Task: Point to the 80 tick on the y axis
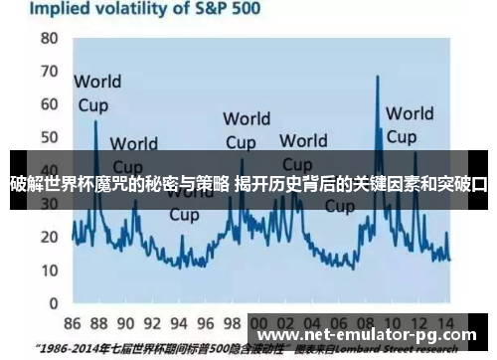pyautogui.click(x=49, y=39)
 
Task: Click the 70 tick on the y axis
pyautogui.click(x=49, y=73)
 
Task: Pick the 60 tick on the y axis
pyautogui.click(x=49, y=105)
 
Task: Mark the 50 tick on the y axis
pyautogui.click(x=49, y=139)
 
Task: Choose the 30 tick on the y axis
pyautogui.click(x=49, y=205)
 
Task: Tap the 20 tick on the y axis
pyautogui.click(x=49, y=238)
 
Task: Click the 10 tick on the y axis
pyautogui.click(x=49, y=270)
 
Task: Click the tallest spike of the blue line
pyautogui.click(x=378, y=78)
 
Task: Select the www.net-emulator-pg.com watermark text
pyautogui.click(x=367, y=335)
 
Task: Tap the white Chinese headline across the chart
pyautogui.click(x=248, y=182)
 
